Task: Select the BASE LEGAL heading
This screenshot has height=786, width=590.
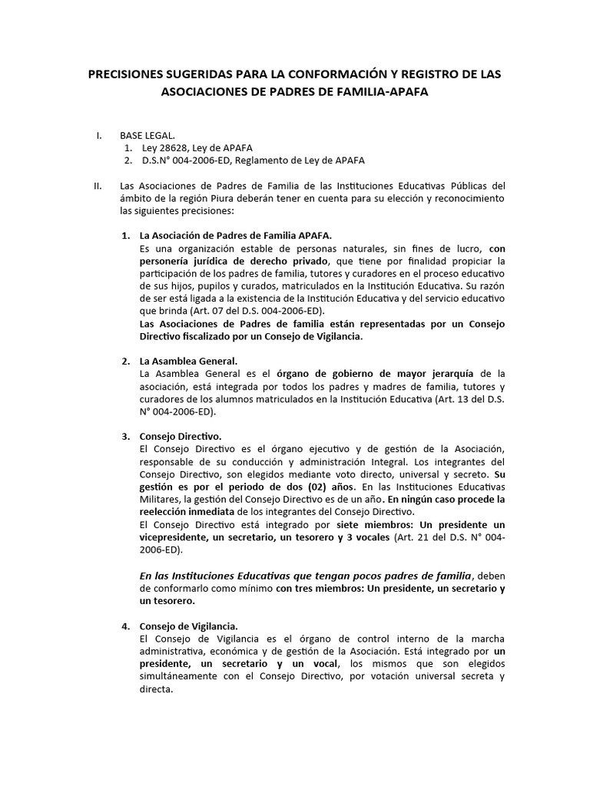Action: click(147, 136)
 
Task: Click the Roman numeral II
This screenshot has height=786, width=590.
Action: click(97, 186)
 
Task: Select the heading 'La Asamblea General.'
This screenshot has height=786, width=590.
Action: click(188, 361)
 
